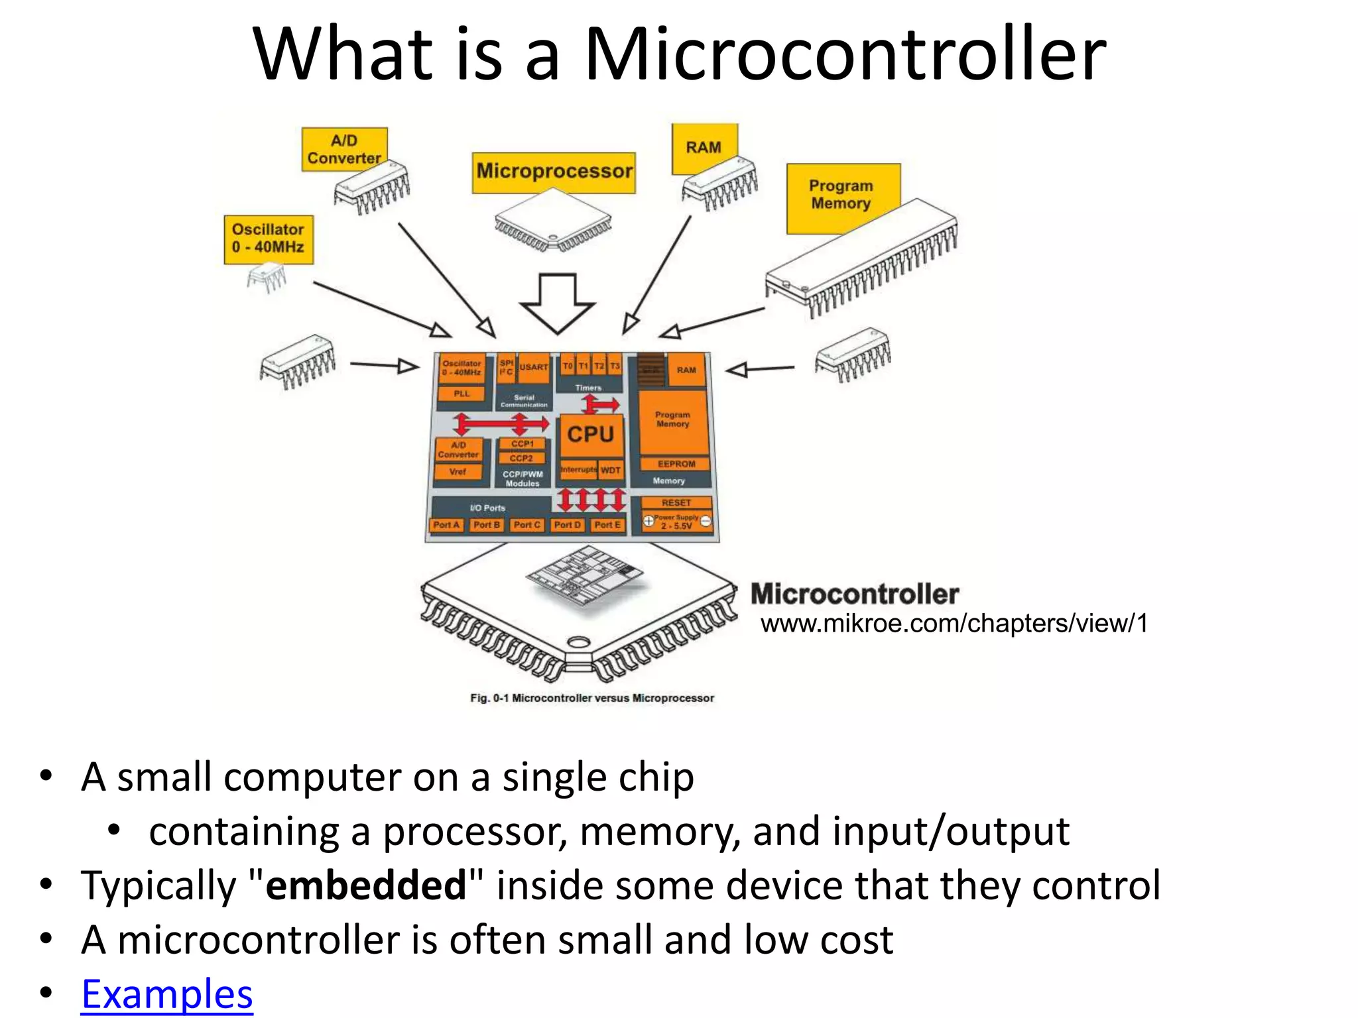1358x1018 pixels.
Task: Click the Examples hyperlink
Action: [x=167, y=993]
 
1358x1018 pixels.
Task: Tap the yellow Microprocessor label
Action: [x=554, y=172]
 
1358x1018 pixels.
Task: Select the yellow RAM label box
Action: [x=704, y=146]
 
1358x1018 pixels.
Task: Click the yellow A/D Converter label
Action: [x=343, y=149]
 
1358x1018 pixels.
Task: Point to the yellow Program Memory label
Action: [x=841, y=194]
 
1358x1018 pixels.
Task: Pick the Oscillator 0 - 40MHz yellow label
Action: [x=268, y=239]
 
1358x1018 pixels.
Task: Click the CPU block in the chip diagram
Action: [x=591, y=435]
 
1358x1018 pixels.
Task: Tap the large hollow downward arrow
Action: [x=557, y=302]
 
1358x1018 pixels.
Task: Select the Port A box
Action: [x=446, y=525]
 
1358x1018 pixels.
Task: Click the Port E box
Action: [x=607, y=525]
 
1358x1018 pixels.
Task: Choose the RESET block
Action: [x=676, y=503]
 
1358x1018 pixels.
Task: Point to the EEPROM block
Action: [x=676, y=464]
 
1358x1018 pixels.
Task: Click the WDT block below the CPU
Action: [x=611, y=471]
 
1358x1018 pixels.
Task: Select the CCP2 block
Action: [x=521, y=458]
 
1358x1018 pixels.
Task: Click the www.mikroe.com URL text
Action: [x=954, y=624]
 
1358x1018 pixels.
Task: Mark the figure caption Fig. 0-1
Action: [x=591, y=698]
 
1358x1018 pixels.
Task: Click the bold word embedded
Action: [x=366, y=885]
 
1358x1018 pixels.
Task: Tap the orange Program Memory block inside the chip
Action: [x=673, y=420]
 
